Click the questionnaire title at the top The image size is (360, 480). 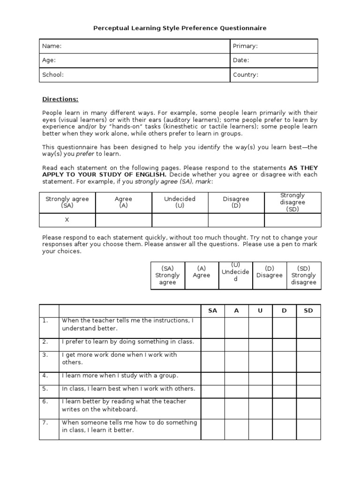(x=180, y=28)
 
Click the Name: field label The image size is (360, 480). (x=52, y=46)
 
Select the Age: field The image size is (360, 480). (x=49, y=60)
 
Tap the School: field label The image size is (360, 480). (x=53, y=75)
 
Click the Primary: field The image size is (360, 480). (x=245, y=46)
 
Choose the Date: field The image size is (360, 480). (x=241, y=60)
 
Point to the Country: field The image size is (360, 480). (x=246, y=75)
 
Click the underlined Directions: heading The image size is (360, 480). (x=60, y=99)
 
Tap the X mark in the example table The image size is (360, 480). (x=67, y=219)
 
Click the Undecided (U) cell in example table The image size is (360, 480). (x=180, y=202)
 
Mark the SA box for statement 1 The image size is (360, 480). (x=213, y=327)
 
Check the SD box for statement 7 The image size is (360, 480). (x=308, y=429)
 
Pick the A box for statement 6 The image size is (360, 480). (x=237, y=408)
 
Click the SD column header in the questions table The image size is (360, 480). (x=308, y=310)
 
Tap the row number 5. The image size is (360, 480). (x=45, y=389)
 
